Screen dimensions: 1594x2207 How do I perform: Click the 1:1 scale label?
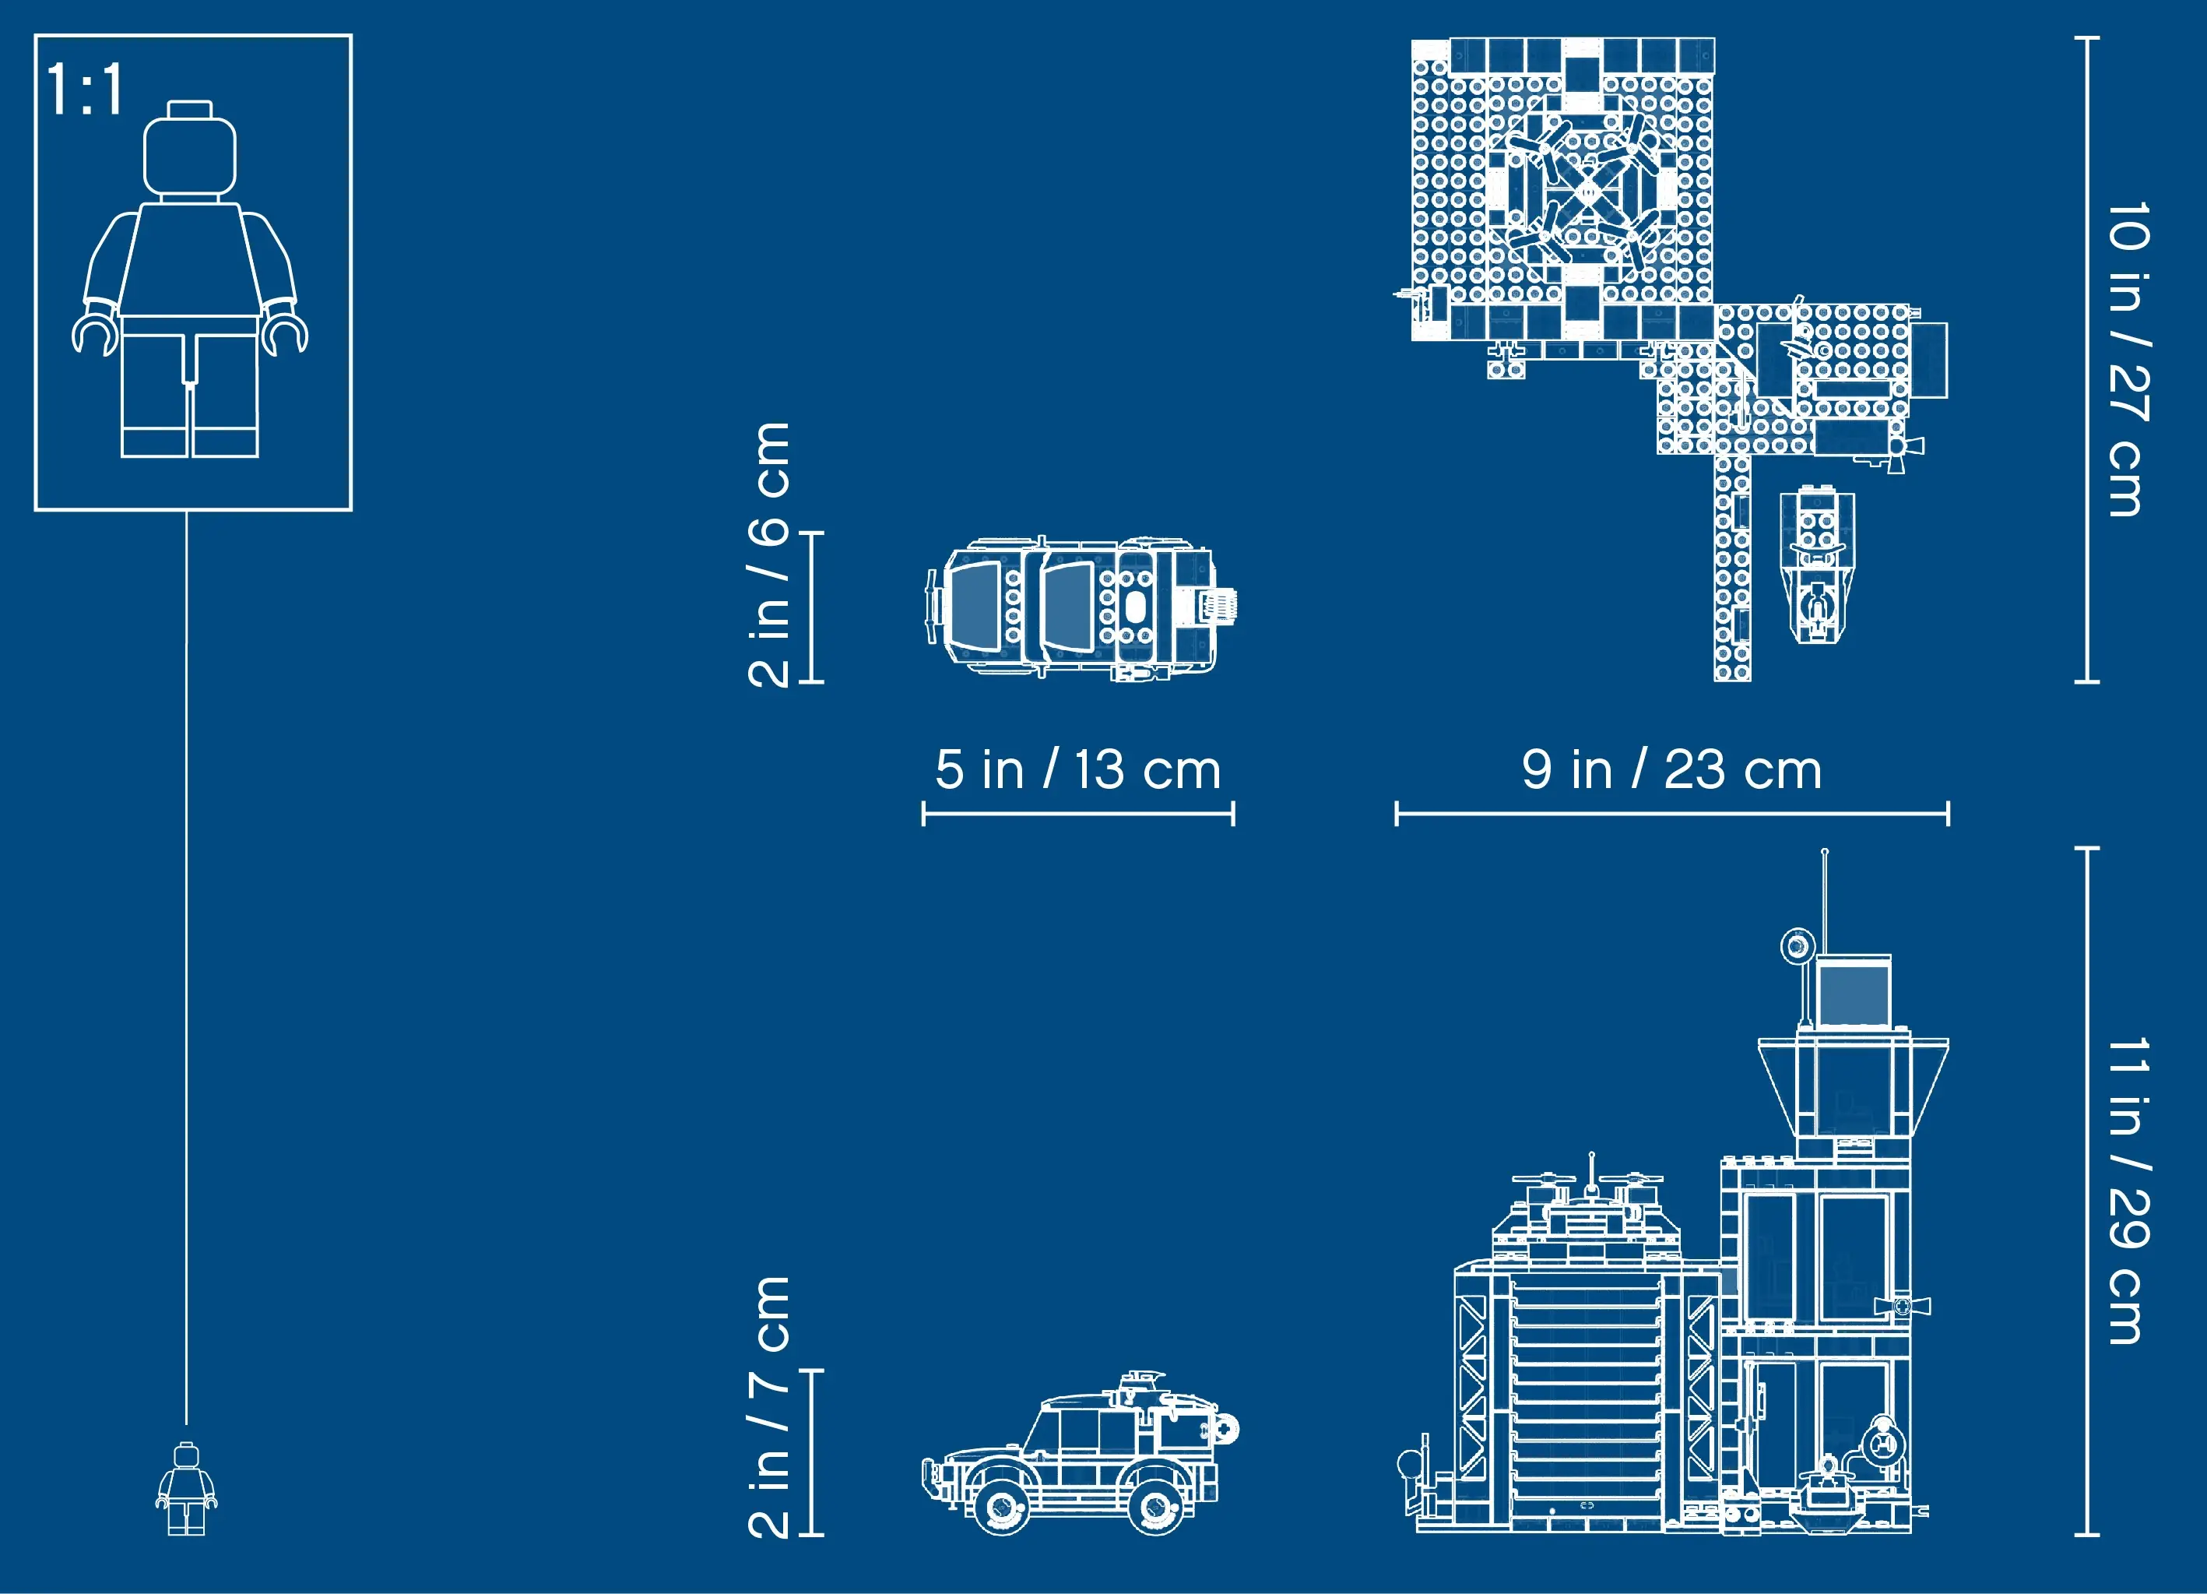click(x=85, y=90)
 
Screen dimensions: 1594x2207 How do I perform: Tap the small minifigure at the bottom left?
click(x=186, y=1488)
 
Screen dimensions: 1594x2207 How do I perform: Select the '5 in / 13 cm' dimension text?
click(x=1078, y=771)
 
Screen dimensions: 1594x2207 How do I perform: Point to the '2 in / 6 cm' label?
click(x=770, y=554)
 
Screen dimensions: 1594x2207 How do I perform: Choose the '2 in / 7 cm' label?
click(x=770, y=1406)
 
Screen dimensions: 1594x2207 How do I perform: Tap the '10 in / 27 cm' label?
click(x=2128, y=360)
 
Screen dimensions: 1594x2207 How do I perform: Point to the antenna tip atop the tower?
click(x=1825, y=853)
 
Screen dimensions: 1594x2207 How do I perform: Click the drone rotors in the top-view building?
click(x=1587, y=190)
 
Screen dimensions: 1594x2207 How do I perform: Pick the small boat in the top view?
click(x=1817, y=565)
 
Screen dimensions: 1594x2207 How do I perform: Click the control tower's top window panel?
click(x=1854, y=993)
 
